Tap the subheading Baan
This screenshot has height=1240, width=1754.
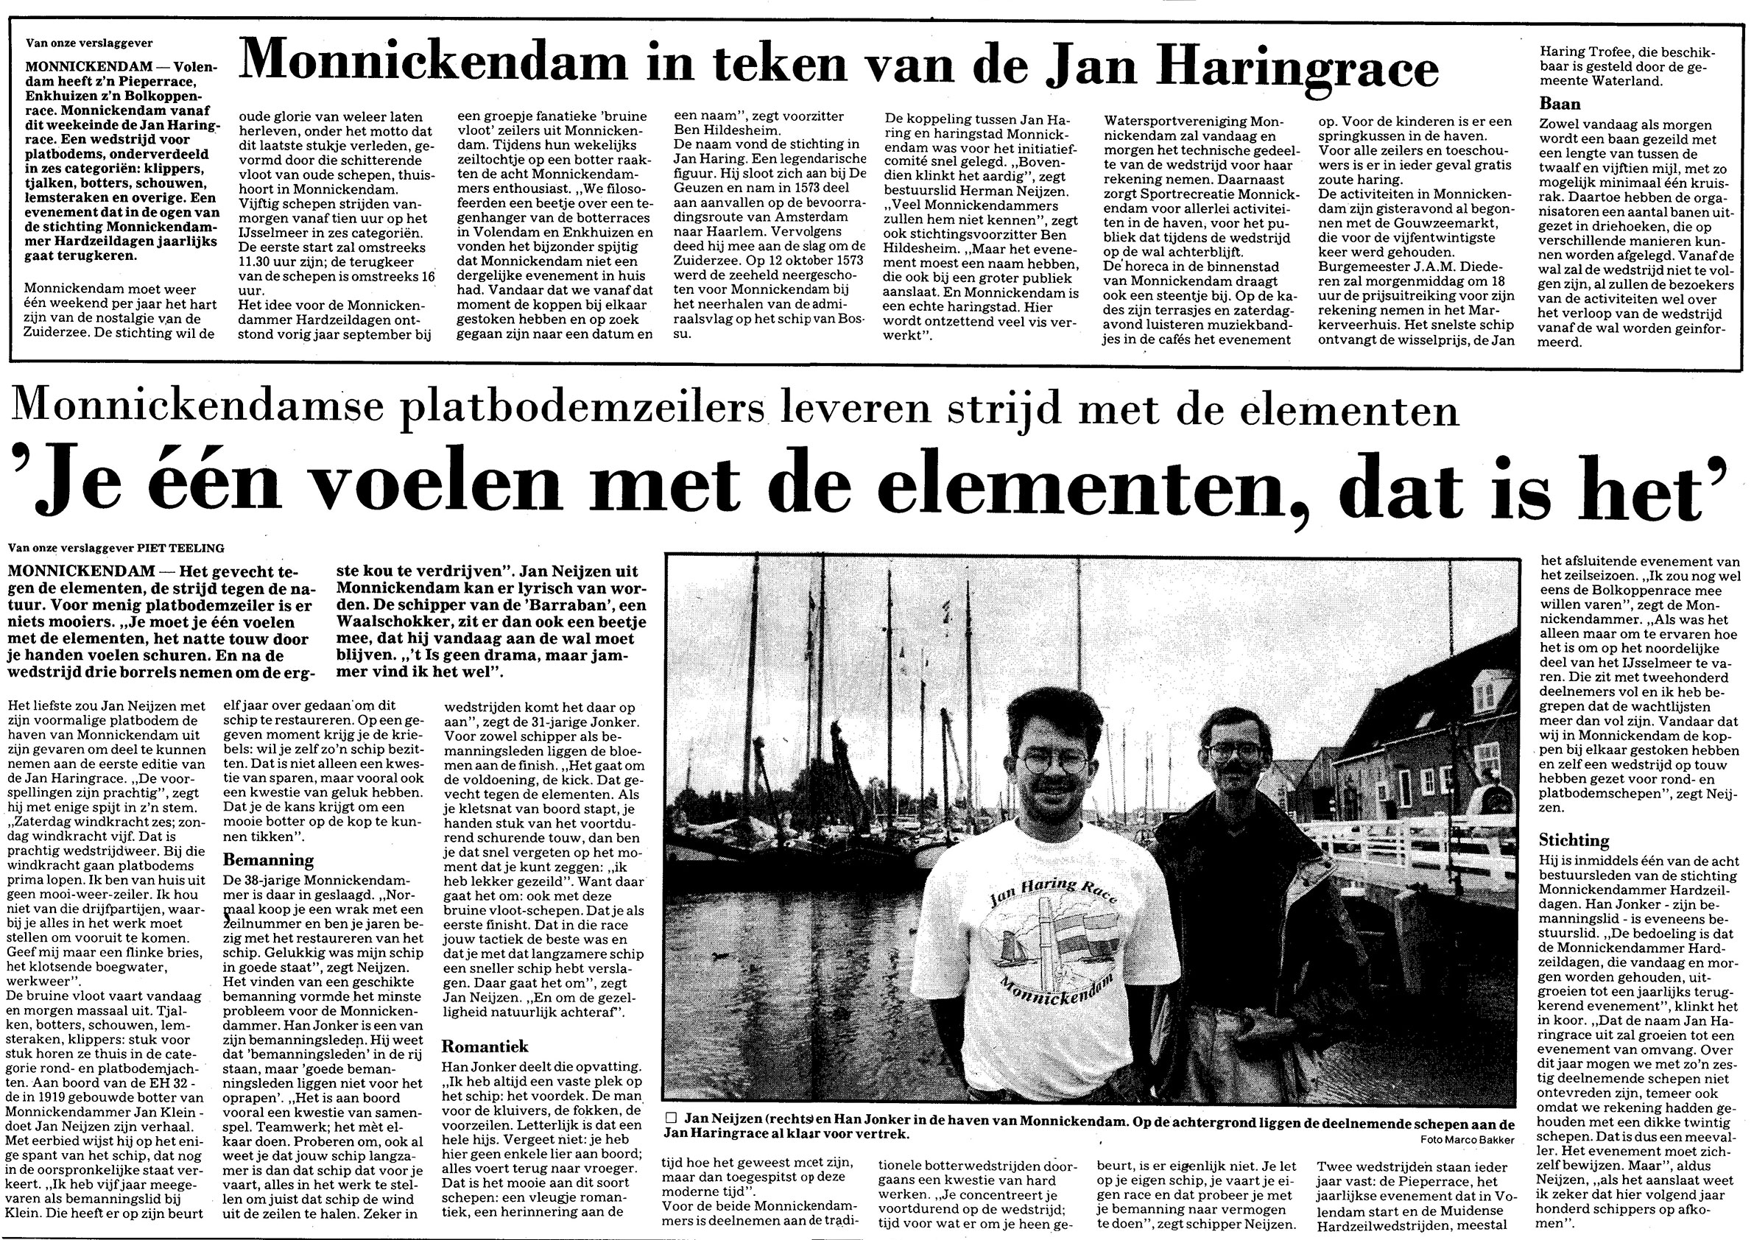coord(1559,104)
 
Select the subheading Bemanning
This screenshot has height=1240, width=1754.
coord(268,860)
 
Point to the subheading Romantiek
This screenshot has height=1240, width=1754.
coord(485,1046)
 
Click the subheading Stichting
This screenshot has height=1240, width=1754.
coord(1573,840)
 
